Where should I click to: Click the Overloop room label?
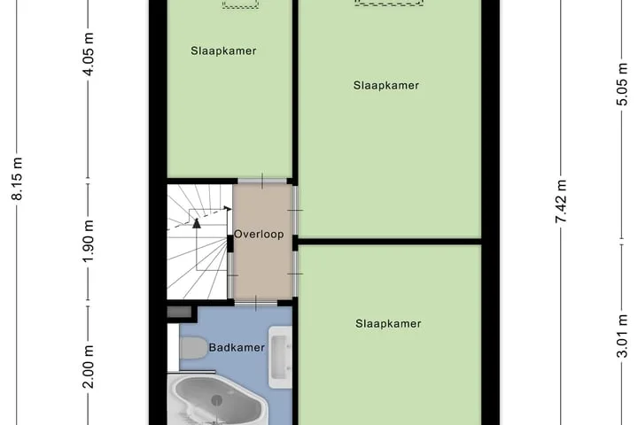pyautogui.click(x=259, y=235)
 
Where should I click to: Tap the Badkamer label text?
pyautogui.click(x=237, y=348)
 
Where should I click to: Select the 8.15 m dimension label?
pyautogui.click(x=18, y=179)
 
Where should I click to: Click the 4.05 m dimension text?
pyautogui.click(x=89, y=54)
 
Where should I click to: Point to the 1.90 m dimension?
pyautogui.click(x=89, y=241)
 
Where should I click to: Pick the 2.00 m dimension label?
pyautogui.click(x=89, y=367)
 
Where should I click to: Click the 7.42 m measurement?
pyautogui.click(x=562, y=201)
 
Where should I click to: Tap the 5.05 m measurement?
pyautogui.click(x=622, y=84)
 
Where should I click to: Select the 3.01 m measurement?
pyautogui.click(x=622, y=336)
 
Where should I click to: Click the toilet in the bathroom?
pyautogui.click(x=193, y=348)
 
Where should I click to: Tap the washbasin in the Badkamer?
pyautogui.click(x=280, y=357)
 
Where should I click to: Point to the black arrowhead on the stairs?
pyautogui.click(x=197, y=223)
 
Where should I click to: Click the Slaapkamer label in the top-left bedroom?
pyautogui.click(x=223, y=51)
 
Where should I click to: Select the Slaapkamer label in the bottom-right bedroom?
pyautogui.click(x=388, y=324)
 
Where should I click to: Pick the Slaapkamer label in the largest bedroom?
pyautogui.click(x=386, y=85)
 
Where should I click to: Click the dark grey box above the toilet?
pyautogui.click(x=179, y=313)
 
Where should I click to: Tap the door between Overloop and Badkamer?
pyautogui.click(x=256, y=304)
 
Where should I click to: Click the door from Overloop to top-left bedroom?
pyautogui.click(x=262, y=181)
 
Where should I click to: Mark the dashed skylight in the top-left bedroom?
pyautogui.click(x=240, y=4)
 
